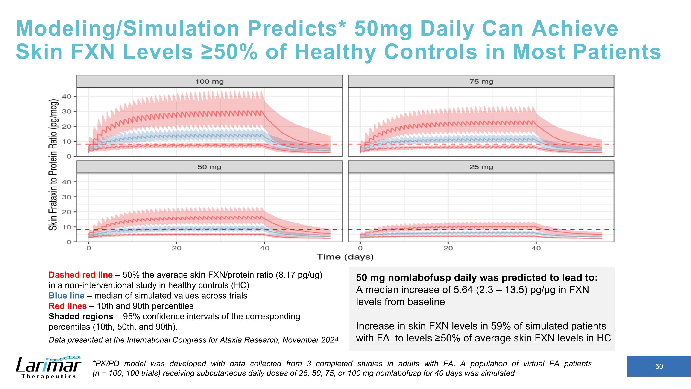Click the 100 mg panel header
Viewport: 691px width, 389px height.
click(x=209, y=82)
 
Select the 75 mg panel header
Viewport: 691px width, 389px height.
click(x=481, y=82)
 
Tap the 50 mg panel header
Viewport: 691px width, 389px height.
click(x=209, y=167)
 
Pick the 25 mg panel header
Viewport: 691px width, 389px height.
click(x=481, y=167)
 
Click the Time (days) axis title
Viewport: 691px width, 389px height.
click(x=345, y=257)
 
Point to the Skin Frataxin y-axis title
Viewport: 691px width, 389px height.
click(x=53, y=165)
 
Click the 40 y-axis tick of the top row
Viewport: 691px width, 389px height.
click(x=67, y=96)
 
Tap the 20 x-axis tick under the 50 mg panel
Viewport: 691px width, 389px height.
click(x=176, y=248)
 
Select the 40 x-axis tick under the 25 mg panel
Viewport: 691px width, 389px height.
click(x=536, y=248)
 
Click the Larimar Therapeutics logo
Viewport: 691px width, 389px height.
click(x=48, y=367)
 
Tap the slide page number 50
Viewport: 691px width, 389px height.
click(x=659, y=366)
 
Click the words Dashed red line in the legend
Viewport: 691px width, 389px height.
click(x=80, y=275)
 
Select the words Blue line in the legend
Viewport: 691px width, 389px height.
click(x=66, y=296)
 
